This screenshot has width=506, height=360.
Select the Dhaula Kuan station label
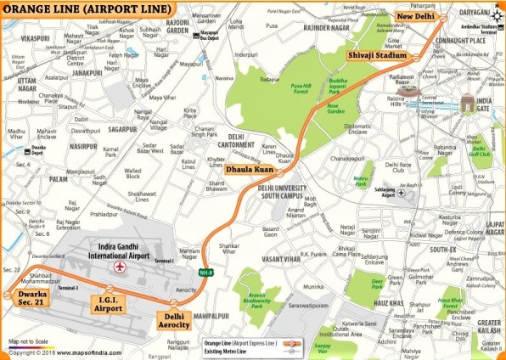click(x=249, y=170)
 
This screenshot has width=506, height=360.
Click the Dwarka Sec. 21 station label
click(x=28, y=299)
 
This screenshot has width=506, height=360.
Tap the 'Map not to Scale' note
click(x=30, y=342)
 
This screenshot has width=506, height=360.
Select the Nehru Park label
click(x=363, y=182)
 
